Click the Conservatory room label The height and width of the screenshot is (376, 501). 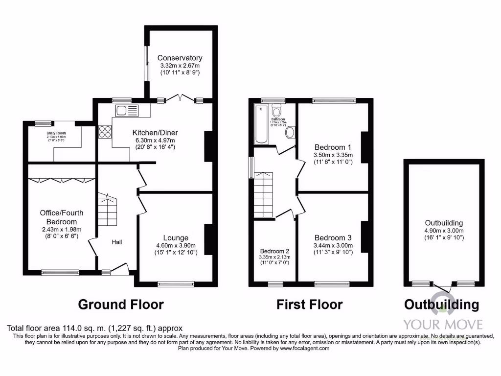(x=180, y=58)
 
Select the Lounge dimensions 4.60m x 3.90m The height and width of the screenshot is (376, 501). (x=176, y=246)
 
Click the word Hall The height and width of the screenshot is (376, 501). (x=117, y=242)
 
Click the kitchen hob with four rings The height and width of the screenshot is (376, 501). (x=105, y=131)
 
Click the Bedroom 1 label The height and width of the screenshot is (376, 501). (x=333, y=147)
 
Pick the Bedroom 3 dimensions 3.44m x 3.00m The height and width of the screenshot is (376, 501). (x=333, y=246)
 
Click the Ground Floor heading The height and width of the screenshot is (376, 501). (x=121, y=305)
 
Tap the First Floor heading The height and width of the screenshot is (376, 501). (x=310, y=305)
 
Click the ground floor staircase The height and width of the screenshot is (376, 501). (x=108, y=210)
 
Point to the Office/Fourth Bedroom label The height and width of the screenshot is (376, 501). (x=62, y=216)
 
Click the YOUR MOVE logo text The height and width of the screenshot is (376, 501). (x=443, y=324)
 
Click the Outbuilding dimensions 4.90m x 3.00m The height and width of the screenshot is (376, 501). (x=444, y=231)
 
